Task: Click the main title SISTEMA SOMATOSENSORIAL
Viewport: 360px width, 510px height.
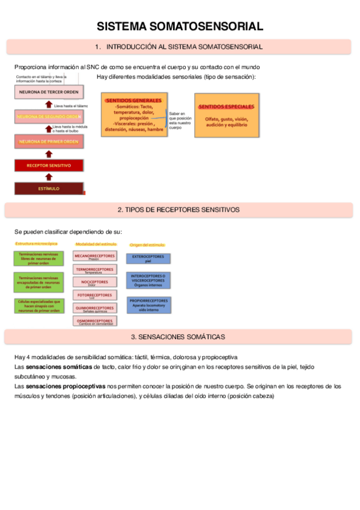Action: tap(180, 26)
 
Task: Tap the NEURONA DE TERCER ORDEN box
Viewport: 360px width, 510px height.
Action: tap(49, 92)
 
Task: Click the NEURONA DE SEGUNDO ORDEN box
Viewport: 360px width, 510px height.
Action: tap(49, 117)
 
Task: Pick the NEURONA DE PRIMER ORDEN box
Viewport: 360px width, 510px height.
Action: tap(49, 141)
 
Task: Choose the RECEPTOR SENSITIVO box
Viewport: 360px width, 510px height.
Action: tap(49, 165)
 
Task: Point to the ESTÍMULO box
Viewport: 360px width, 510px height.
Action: tap(49, 188)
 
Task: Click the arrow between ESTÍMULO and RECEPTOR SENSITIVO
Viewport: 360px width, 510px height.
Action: tap(49, 177)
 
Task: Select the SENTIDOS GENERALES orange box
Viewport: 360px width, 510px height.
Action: tap(133, 115)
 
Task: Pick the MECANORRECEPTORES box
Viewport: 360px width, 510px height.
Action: tap(94, 256)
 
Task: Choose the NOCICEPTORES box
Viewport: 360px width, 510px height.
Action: tap(94, 282)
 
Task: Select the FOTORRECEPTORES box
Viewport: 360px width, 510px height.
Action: tap(94, 295)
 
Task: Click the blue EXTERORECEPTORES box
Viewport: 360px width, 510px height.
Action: tap(148, 259)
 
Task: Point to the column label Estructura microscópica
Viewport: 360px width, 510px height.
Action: tap(37, 244)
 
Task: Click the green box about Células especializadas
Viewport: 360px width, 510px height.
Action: tap(40, 306)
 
